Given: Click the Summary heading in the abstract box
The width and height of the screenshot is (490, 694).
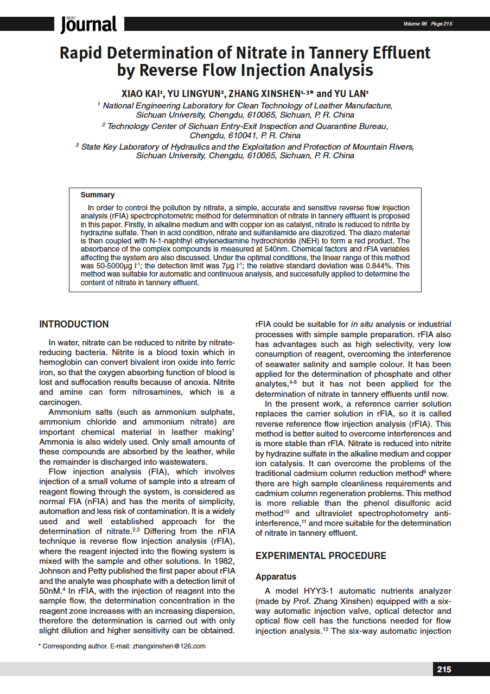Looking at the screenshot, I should tap(98, 195).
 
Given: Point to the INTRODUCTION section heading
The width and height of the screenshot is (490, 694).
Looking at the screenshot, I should tap(74, 324).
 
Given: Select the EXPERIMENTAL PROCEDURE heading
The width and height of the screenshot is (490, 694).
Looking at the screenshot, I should tap(321, 556).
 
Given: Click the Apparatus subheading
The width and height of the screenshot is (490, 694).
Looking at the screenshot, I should tap(276, 576).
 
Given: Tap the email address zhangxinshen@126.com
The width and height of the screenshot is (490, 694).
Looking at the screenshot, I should tap(169, 646).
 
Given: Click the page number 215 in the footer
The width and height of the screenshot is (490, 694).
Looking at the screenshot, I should tap(444, 670).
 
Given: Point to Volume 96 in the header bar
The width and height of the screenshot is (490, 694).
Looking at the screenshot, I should tap(415, 24).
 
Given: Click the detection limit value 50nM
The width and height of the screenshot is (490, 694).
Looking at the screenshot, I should tap(52, 590).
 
